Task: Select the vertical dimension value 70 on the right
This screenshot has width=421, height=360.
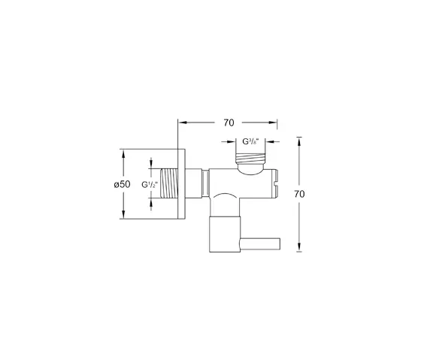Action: tap(300, 193)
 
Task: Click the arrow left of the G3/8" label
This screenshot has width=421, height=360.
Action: tap(229, 141)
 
